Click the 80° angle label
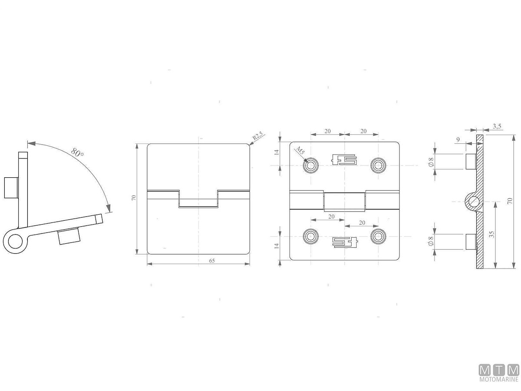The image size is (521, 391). click(77, 152)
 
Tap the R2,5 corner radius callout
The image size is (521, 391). click(258, 136)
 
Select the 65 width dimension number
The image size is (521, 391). click(212, 261)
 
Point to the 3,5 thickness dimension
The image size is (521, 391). click(497, 126)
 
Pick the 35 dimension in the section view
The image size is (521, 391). click(492, 235)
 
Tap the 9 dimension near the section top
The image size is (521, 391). click(458, 140)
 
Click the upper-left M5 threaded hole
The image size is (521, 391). click(311, 165)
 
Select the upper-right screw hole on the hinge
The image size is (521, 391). click(378, 165)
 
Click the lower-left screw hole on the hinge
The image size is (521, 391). click(311, 236)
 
